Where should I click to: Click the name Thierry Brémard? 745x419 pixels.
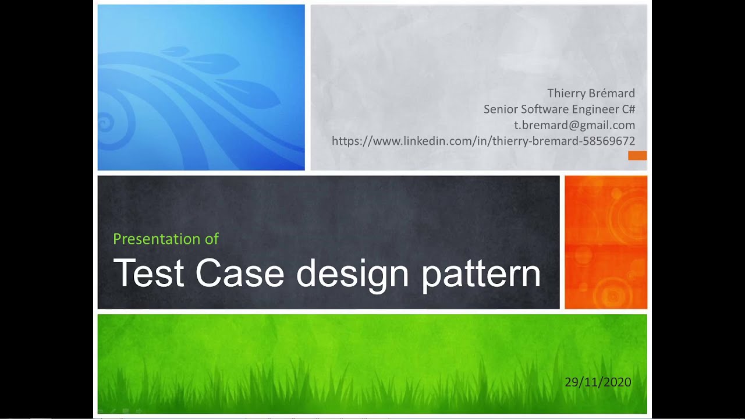pyautogui.click(x=591, y=93)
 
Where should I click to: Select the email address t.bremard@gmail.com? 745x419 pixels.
pyautogui.click(x=574, y=125)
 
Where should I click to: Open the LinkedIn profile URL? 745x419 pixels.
pyautogui.click(x=483, y=141)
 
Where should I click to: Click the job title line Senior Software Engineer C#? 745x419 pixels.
pyautogui.click(x=559, y=109)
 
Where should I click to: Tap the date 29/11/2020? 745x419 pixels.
pyautogui.click(x=598, y=382)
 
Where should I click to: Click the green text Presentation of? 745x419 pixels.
pyautogui.click(x=166, y=239)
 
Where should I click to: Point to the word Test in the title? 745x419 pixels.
pyautogui.click(x=149, y=274)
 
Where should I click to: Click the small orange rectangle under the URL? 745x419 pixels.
pyautogui.click(x=637, y=155)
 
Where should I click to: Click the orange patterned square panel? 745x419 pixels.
pyautogui.click(x=606, y=242)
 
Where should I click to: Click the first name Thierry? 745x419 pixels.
pyautogui.click(x=565, y=93)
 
